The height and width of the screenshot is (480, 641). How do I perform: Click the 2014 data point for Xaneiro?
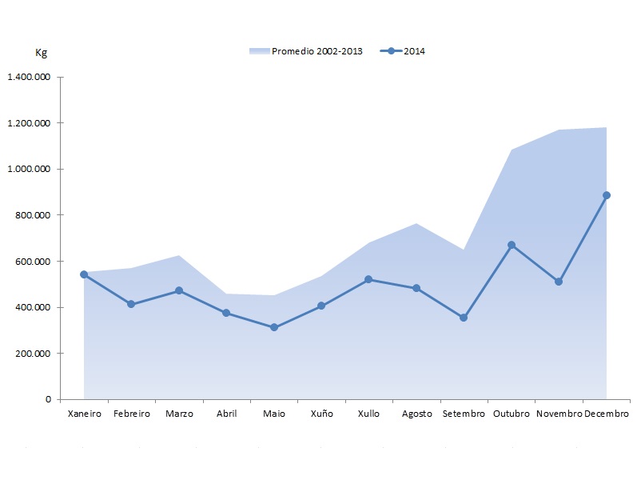pos(84,274)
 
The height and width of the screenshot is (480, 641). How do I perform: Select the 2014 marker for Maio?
pos(273,327)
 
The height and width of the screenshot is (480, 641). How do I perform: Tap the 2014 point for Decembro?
pos(607,195)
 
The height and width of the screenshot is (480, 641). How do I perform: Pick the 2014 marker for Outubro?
pos(512,245)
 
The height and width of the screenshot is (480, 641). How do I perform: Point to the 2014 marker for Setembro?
pos(464,318)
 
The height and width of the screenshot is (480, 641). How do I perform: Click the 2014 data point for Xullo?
pos(368,279)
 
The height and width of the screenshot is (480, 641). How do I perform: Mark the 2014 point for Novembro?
pos(559,282)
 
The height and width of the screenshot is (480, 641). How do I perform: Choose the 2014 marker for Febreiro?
pos(131,304)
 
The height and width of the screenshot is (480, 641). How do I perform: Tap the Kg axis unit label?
pos(42,53)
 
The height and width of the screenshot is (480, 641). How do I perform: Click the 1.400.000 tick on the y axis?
pos(29,78)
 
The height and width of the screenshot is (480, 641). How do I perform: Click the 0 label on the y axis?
pos(47,399)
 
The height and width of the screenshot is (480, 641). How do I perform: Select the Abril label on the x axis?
pos(226,414)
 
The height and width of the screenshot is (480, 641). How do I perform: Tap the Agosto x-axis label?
pos(416,414)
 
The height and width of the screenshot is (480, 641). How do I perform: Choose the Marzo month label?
pos(179,414)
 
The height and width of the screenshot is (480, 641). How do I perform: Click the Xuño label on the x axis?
pos(321,414)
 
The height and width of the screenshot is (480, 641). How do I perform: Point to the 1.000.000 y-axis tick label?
pos(29,170)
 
